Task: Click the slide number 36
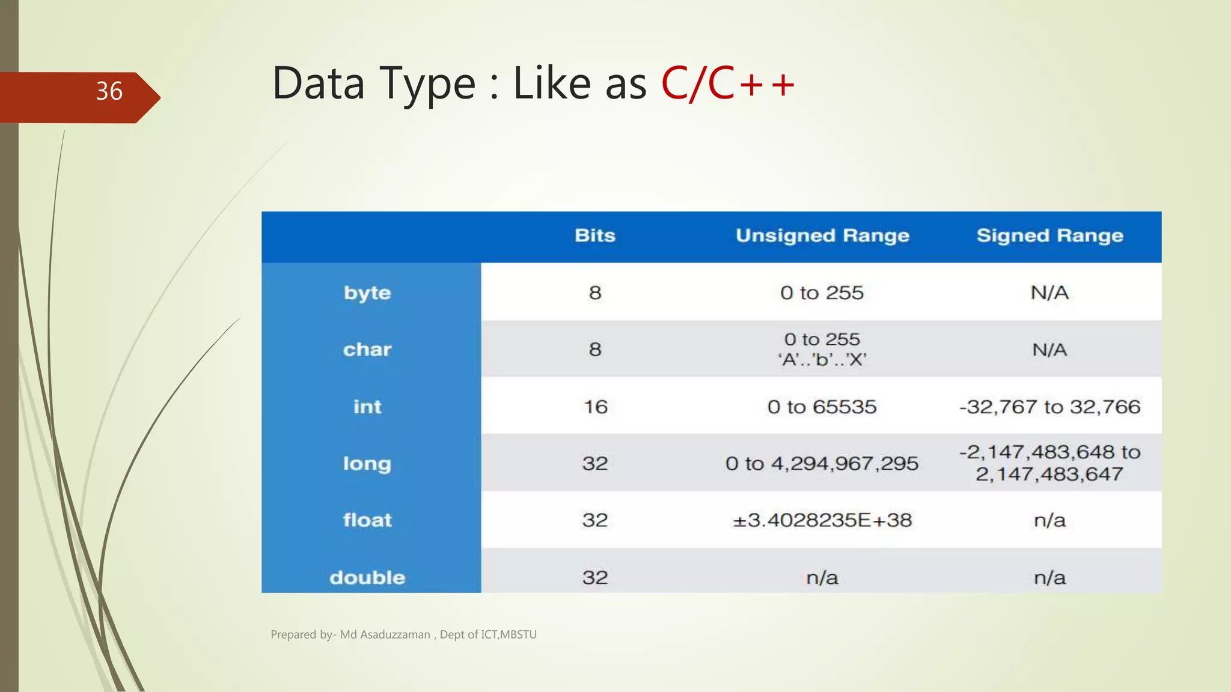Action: pyautogui.click(x=109, y=91)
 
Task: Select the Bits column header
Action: pyautogui.click(x=594, y=235)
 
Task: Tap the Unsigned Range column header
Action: pyautogui.click(x=822, y=235)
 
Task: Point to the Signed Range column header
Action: pyautogui.click(x=1049, y=235)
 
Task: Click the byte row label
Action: pyautogui.click(x=367, y=293)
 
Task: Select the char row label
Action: pyautogui.click(x=367, y=350)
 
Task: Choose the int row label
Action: pyautogui.click(x=367, y=407)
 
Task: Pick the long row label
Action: pyautogui.click(x=367, y=464)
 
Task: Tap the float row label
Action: pyautogui.click(x=367, y=520)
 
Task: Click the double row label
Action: pyautogui.click(x=367, y=577)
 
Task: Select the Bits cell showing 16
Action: pyautogui.click(x=595, y=407)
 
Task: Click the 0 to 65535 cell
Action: pyautogui.click(x=822, y=407)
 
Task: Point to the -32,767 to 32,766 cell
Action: pyautogui.click(x=1049, y=407)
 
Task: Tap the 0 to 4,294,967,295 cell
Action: pyautogui.click(x=822, y=464)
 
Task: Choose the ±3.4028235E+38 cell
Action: pyautogui.click(x=822, y=520)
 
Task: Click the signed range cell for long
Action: pyautogui.click(x=1049, y=463)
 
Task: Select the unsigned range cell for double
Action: pyautogui.click(x=822, y=577)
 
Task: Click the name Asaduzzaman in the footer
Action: pyautogui.click(x=395, y=634)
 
